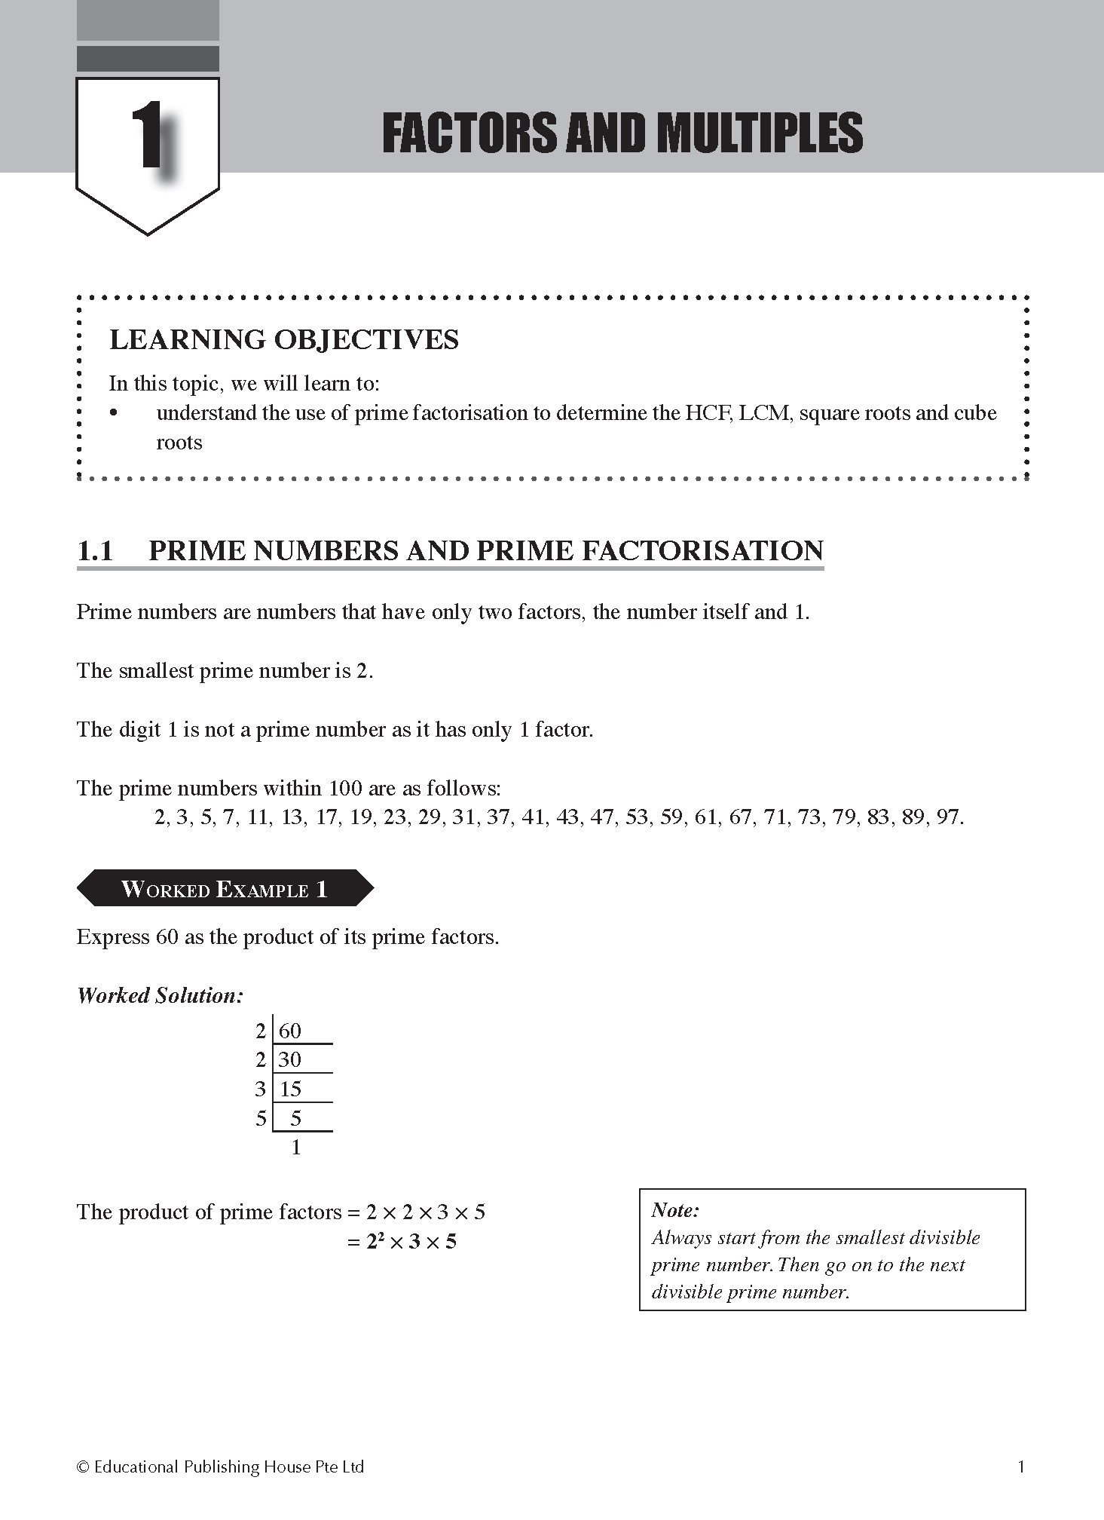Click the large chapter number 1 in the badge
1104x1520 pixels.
[x=148, y=137]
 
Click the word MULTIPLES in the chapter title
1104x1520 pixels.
[x=759, y=133]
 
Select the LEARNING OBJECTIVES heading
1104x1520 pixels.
[x=284, y=340]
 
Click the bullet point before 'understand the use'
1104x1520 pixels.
[x=114, y=413]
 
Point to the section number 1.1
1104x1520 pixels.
[x=95, y=551]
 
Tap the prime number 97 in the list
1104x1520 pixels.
[x=947, y=817]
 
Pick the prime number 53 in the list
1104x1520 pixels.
[x=637, y=817]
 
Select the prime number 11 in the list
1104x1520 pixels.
[x=258, y=817]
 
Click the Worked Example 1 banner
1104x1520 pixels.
[x=225, y=889]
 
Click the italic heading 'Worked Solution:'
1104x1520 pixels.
[x=161, y=996]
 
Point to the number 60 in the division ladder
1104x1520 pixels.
[x=290, y=1031]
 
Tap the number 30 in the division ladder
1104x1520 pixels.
[x=290, y=1060]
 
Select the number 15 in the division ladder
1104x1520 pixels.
[x=290, y=1089]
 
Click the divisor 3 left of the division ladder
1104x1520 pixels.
[x=261, y=1089]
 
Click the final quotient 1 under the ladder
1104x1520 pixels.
[x=296, y=1148]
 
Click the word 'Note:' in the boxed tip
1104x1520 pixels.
[x=675, y=1210]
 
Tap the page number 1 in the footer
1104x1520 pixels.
[x=1021, y=1466]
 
